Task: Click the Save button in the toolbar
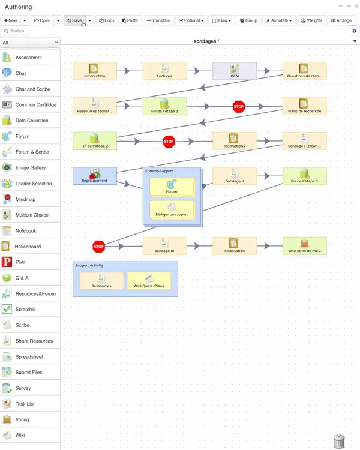point(74,20)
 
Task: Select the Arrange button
point(341,20)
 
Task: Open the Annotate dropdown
point(279,20)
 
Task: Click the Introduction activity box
point(94,71)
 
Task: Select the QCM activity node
point(235,71)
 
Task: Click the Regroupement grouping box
point(94,175)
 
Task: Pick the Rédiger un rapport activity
point(172,210)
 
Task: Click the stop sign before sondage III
point(98,246)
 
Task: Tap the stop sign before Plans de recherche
point(239,106)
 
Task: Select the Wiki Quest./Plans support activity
point(149,281)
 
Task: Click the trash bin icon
point(339,441)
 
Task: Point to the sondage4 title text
point(206,41)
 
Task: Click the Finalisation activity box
point(235,246)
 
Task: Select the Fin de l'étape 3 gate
point(305,175)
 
